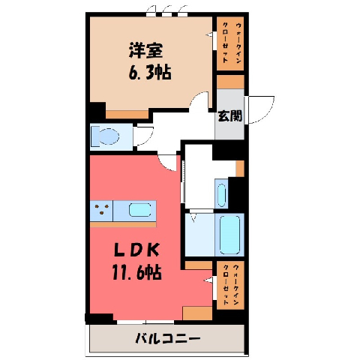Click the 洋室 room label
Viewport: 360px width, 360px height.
coord(146,51)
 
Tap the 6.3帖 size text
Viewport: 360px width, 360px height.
coord(150,73)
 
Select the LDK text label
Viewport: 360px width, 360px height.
coord(136,250)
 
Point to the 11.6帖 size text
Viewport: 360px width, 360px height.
coord(136,272)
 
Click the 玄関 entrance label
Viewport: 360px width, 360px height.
coord(230,116)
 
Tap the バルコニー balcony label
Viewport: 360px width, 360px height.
coord(168,339)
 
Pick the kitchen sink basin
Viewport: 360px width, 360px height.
coord(140,210)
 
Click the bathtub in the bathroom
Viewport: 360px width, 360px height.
coord(229,235)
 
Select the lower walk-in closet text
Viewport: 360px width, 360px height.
coord(230,285)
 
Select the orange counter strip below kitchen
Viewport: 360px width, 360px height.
coord(123,224)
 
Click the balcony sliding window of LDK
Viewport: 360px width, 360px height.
coord(145,322)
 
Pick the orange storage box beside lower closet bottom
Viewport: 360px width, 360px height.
coord(197,313)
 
